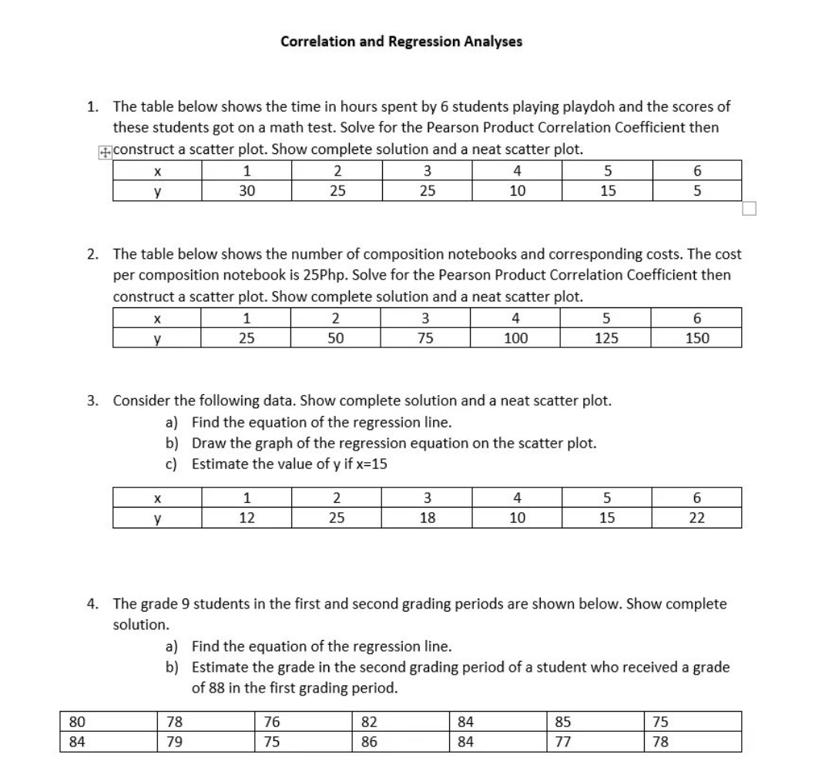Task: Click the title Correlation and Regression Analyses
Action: point(401,42)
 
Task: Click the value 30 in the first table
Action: point(246,190)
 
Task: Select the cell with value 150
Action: point(697,338)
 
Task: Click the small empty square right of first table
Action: point(750,208)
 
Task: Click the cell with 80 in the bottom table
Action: point(77,722)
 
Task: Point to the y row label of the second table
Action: point(157,338)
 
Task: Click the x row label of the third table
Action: point(157,498)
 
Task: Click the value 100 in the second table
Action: point(516,338)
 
